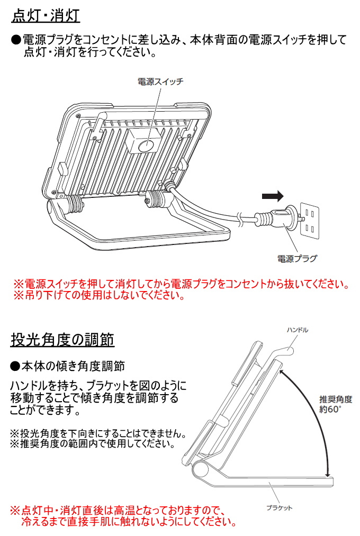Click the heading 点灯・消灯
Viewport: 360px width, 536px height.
click(x=46, y=16)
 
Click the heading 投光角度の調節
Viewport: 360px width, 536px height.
click(x=62, y=339)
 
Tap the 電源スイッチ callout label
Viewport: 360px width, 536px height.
click(x=160, y=81)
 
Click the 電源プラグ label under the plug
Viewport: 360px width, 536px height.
click(x=297, y=259)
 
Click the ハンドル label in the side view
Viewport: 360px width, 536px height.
click(x=297, y=330)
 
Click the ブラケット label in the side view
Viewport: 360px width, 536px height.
click(x=279, y=508)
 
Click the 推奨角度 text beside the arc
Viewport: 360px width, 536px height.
click(x=335, y=399)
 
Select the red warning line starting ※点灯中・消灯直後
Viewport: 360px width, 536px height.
click(x=118, y=511)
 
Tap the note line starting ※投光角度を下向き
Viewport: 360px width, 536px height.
click(x=97, y=434)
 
